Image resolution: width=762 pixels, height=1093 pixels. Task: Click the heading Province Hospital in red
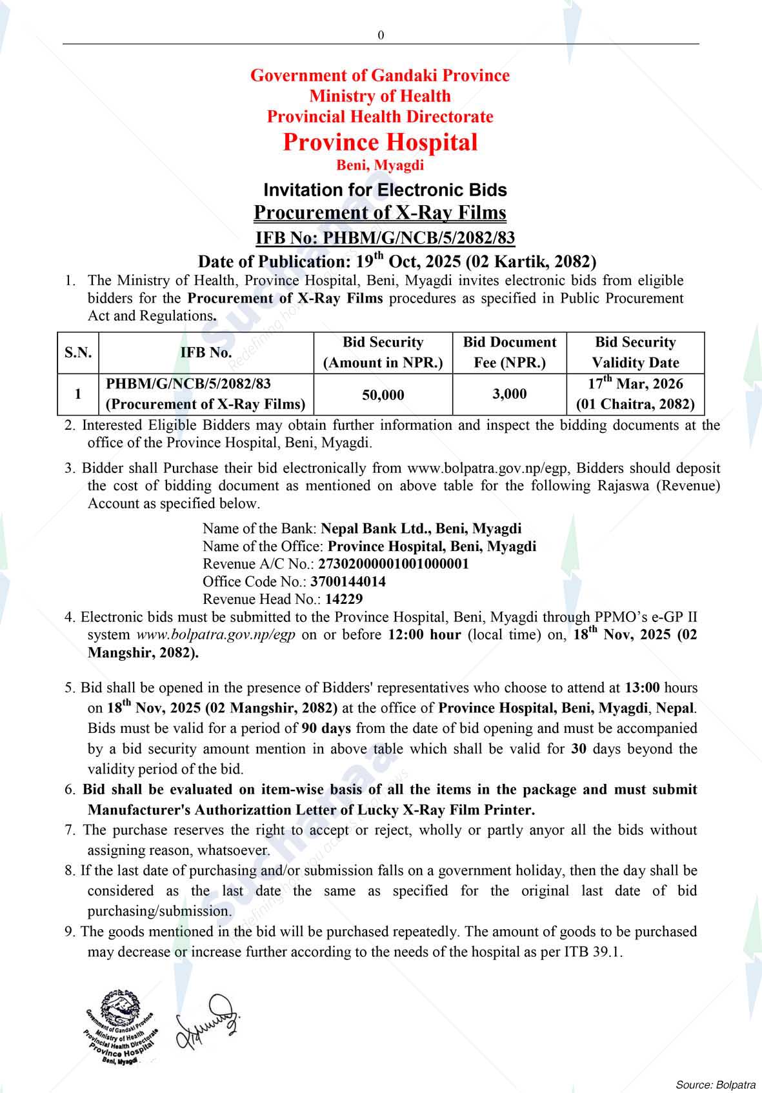point(380,142)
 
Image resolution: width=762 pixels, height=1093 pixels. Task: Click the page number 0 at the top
point(381,35)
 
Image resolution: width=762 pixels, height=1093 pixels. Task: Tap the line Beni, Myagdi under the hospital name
point(380,165)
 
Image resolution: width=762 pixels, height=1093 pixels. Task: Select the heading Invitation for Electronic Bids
point(385,190)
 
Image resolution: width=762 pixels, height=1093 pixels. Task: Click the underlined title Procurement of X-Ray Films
point(380,212)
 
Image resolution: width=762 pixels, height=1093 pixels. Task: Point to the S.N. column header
point(78,352)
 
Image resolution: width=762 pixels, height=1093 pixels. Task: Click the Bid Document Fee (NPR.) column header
point(509,352)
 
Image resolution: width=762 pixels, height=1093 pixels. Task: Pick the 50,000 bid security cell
point(383,394)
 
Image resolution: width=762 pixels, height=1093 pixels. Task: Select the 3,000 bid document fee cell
point(509,394)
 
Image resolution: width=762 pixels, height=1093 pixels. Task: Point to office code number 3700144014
point(348,581)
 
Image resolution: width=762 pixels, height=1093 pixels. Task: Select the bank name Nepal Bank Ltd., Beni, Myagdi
point(421,528)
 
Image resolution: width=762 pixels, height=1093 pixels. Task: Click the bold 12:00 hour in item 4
point(424,634)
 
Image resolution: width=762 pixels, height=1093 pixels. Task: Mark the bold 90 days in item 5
point(326,728)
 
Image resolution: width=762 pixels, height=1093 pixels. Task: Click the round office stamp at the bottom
point(120,1027)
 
